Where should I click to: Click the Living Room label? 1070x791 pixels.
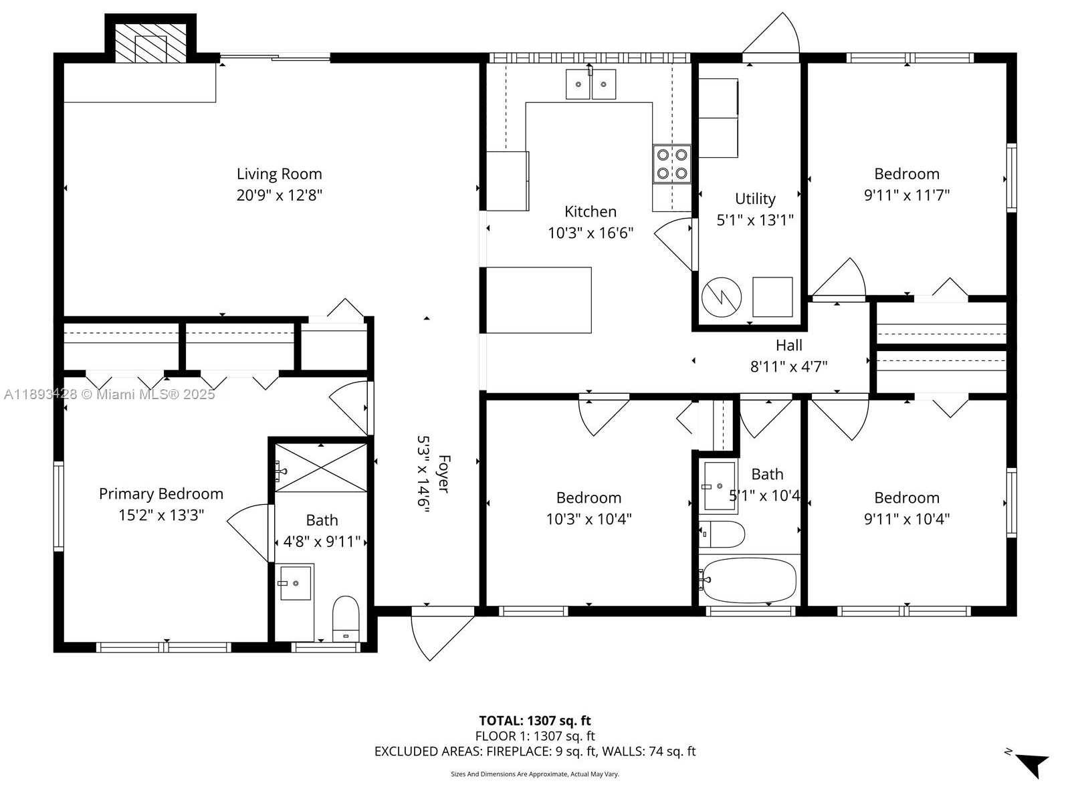279,174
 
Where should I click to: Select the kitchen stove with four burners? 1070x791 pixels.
672,164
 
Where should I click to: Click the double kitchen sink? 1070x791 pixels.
591,84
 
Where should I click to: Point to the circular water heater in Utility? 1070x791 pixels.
721,297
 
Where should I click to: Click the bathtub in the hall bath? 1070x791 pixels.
749,580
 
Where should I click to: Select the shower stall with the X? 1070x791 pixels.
321,468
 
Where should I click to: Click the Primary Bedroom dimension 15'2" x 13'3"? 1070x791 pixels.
161,515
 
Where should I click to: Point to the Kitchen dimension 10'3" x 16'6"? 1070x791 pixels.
590,233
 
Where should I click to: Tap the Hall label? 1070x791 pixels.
788,345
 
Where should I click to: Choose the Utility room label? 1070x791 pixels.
755,199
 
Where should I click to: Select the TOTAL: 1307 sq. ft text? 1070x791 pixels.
534,721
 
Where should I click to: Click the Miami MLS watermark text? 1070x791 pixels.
109,394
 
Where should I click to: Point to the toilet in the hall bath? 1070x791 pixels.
722,534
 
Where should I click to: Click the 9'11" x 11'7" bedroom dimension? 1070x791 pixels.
906,195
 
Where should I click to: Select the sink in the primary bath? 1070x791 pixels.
295,582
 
